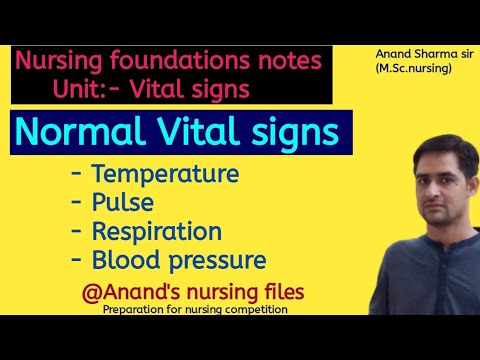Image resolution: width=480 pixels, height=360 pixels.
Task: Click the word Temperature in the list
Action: point(165,174)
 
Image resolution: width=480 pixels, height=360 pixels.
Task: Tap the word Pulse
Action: point(122,203)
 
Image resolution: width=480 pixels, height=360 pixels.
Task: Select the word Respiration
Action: point(157,232)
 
